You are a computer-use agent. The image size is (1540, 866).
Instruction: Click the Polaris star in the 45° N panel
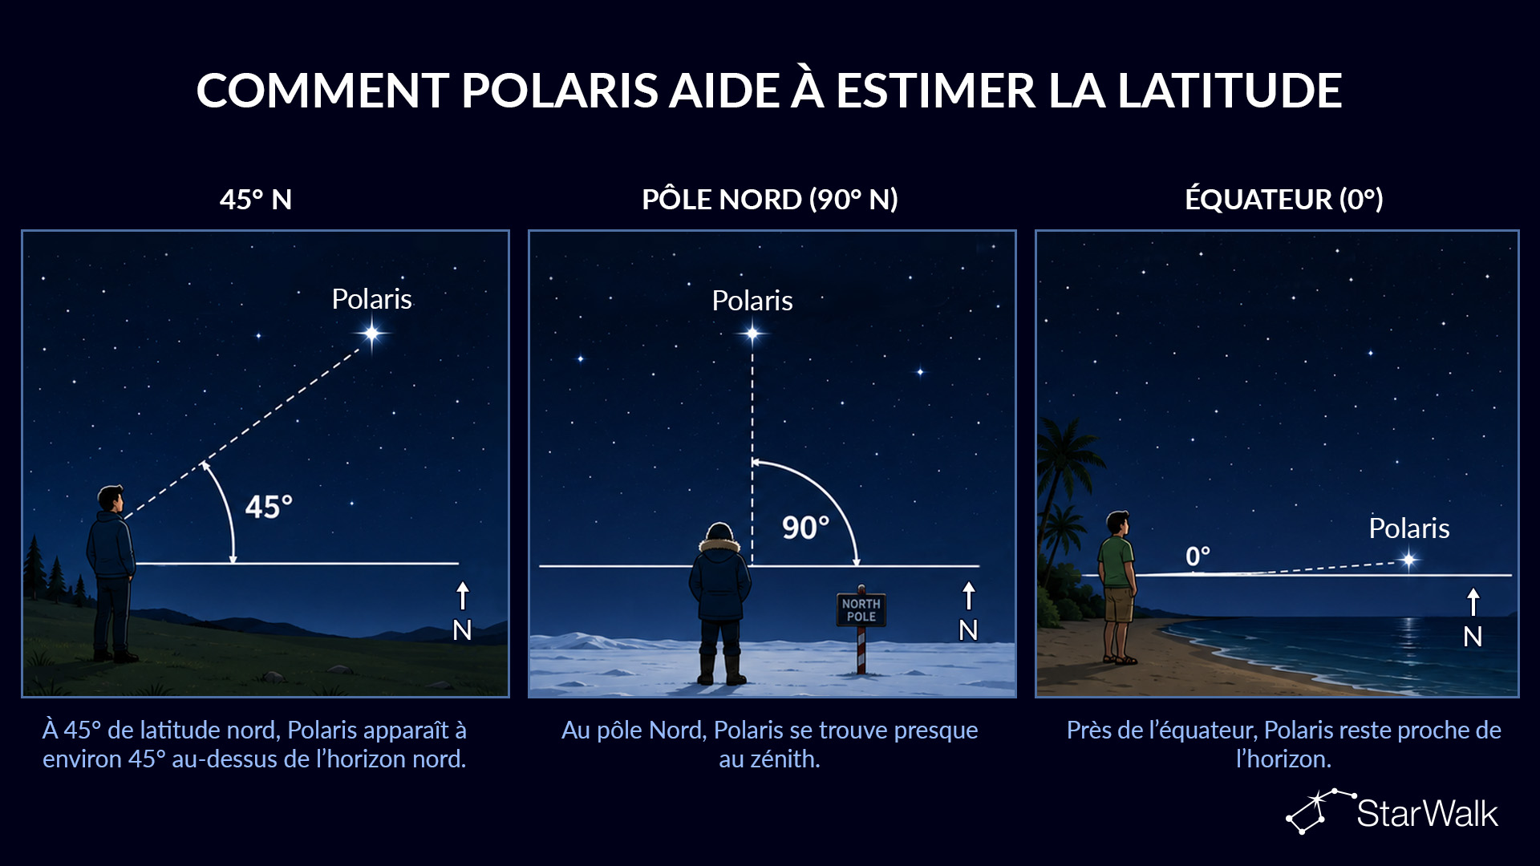click(372, 333)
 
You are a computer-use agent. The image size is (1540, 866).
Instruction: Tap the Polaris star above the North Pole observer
click(752, 333)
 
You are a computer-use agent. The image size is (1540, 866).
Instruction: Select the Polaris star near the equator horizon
click(1409, 560)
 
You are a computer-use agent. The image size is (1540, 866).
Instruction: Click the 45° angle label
click(269, 507)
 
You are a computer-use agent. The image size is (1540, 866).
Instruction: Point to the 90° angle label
click(805, 528)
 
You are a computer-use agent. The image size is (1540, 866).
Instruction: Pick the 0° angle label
click(1198, 556)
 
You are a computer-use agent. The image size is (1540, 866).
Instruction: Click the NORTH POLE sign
click(861, 610)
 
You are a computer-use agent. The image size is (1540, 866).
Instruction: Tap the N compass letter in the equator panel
click(1473, 637)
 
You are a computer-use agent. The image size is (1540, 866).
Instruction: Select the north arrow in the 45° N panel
click(463, 596)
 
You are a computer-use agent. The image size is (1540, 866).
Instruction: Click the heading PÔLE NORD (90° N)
click(770, 199)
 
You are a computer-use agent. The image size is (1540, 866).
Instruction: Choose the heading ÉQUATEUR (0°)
click(1284, 199)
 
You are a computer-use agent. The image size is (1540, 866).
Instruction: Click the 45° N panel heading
click(256, 199)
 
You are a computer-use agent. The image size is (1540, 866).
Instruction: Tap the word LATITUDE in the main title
click(1230, 90)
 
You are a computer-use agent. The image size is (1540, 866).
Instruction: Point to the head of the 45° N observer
click(111, 500)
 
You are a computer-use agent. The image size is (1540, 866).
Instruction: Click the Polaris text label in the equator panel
click(1409, 528)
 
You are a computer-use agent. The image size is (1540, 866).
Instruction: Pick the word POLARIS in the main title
click(560, 90)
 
